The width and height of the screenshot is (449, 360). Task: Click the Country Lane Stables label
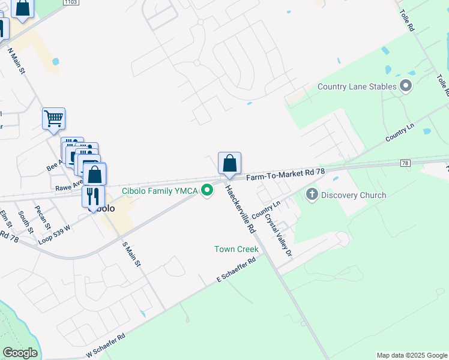(x=357, y=86)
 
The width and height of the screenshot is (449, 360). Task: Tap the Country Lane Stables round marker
(x=406, y=86)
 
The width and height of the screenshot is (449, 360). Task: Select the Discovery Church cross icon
(x=312, y=194)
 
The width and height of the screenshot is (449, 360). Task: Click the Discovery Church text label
(x=354, y=195)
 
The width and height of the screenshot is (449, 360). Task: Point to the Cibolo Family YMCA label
(x=160, y=191)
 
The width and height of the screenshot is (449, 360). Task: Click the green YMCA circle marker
(x=208, y=191)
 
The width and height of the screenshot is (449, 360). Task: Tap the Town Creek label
(x=237, y=249)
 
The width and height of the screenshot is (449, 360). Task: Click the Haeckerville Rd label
(x=240, y=209)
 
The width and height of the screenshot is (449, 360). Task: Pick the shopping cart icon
(x=53, y=119)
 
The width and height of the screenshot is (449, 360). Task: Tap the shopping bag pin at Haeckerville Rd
(x=229, y=163)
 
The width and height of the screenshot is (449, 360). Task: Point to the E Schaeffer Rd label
(x=236, y=271)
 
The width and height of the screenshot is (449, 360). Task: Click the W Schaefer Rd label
(x=106, y=346)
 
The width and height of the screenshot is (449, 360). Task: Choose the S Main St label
(x=131, y=253)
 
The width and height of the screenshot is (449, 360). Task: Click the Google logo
(x=20, y=353)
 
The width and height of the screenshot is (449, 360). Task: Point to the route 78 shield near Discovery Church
(x=406, y=163)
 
